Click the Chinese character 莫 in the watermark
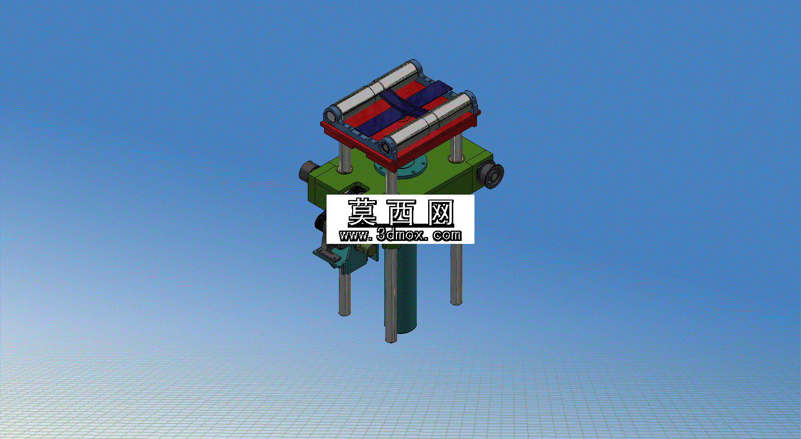(362, 213)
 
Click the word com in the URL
(447, 236)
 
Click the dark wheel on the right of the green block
(492, 175)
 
